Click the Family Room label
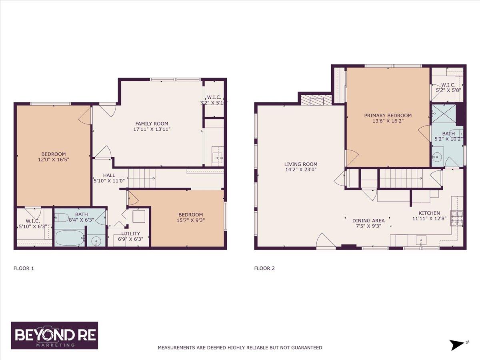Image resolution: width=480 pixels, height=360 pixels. [x=152, y=124]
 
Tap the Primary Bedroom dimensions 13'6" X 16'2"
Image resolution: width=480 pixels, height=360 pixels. [x=388, y=121]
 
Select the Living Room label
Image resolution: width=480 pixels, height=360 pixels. [x=301, y=164]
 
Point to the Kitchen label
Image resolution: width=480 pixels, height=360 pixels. [x=429, y=213]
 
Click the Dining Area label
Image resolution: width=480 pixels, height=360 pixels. [x=368, y=220]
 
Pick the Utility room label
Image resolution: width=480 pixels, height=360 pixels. [x=130, y=234]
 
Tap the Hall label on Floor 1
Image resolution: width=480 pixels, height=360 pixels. [x=109, y=175]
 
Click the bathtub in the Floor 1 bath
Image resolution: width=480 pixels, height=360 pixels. [x=70, y=238]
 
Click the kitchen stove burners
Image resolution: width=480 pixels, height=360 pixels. [x=456, y=218]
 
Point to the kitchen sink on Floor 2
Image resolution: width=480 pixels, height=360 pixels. [x=421, y=241]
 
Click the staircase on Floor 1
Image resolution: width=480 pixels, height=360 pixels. [x=142, y=178]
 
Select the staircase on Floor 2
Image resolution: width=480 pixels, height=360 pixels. [x=401, y=178]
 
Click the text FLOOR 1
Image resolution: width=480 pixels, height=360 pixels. [x=24, y=268]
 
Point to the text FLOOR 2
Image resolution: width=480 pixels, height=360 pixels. [x=264, y=268]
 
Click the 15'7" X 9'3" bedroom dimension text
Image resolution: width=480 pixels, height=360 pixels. [x=191, y=220]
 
